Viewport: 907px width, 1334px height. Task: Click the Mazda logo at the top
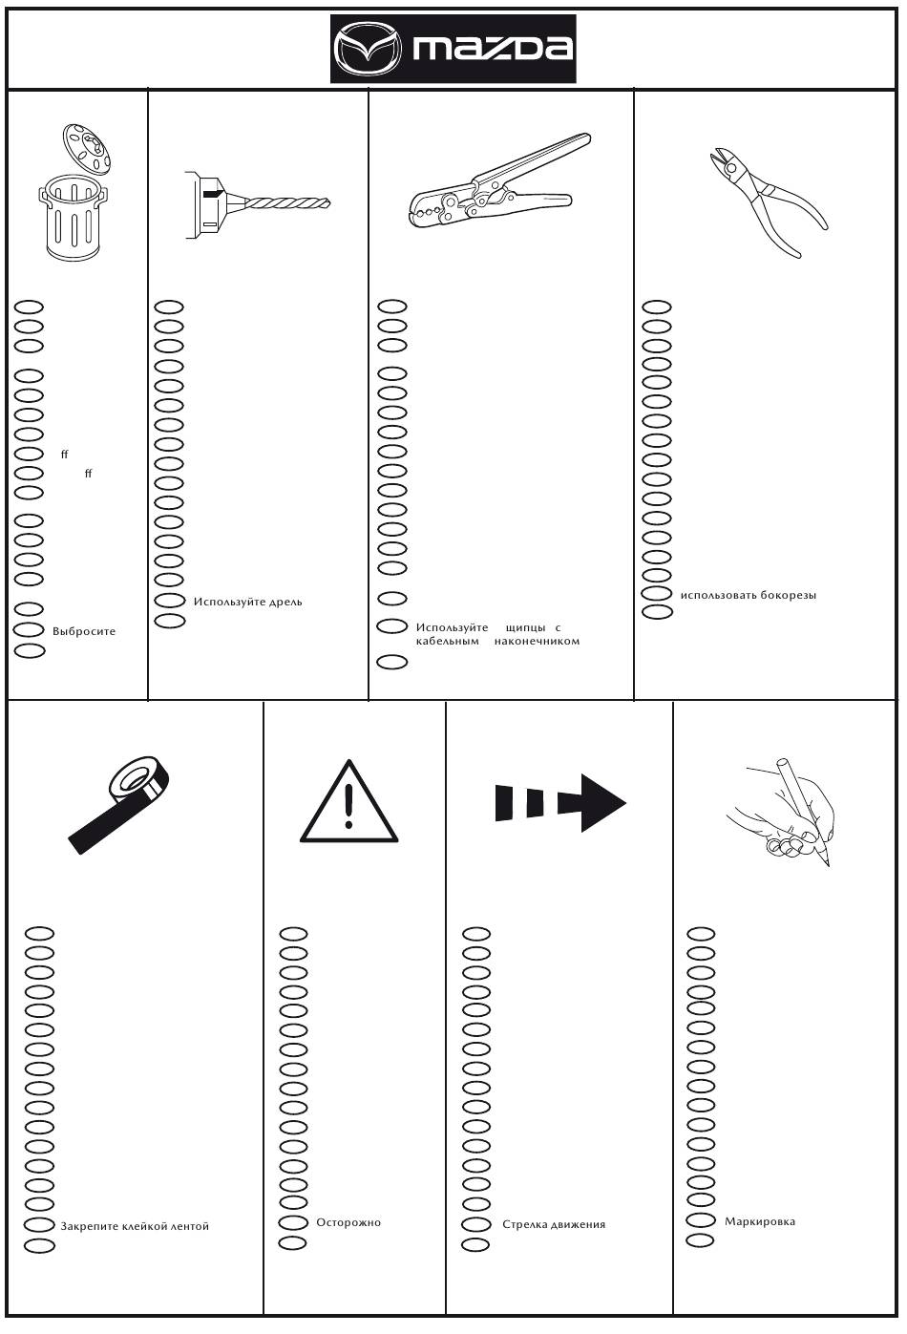(453, 49)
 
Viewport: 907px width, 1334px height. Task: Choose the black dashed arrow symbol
(559, 802)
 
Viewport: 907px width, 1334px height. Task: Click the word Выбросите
(85, 632)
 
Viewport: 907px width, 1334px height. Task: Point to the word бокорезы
(788, 596)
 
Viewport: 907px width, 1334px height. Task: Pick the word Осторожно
(348, 1222)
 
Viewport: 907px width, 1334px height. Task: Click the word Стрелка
(524, 1224)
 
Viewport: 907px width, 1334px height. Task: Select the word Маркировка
(760, 1221)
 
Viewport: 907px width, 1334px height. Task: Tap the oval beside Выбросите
(30, 630)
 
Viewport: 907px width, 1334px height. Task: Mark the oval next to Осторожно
(292, 1223)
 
